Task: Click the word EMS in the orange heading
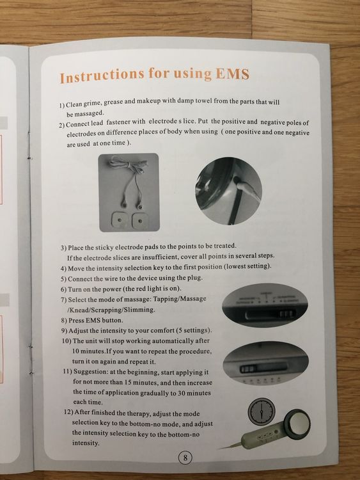233,74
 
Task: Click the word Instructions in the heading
102,76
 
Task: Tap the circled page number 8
185,458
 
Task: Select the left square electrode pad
120,220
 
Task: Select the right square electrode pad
140,220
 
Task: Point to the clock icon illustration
262,411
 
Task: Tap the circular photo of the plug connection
228,191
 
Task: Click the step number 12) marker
68,412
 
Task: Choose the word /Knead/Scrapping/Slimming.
111,310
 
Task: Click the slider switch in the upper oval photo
270,314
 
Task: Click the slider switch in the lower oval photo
263,369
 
